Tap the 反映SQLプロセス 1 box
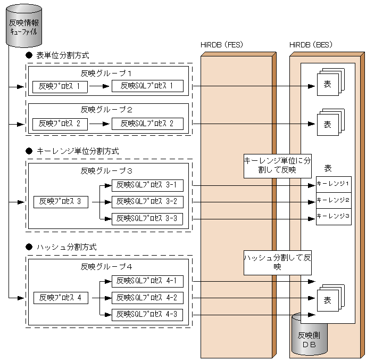pyautogui.click(x=147, y=86)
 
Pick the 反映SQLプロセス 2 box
pyautogui.click(x=147, y=124)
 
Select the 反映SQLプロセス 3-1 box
pyautogui.click(x=147, y=185)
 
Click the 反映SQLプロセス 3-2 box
pyautogui.click(x=147, y=202)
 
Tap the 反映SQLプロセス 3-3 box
pyautogui.click(x=147, y=218)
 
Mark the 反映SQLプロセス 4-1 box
pyautogui.click(x=147, y=281)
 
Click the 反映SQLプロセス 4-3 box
pyautogui.click(x=147, y=315)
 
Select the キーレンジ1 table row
pyautogui.click(x=334, y=184)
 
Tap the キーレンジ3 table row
pyautogui.click(x=334, y=216)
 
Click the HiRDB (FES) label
pyautogui.click(x=221, y=45)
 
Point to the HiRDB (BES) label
pyautogui.click(x=311, y=45)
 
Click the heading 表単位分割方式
pyautogui.click(x=62, y=55)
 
